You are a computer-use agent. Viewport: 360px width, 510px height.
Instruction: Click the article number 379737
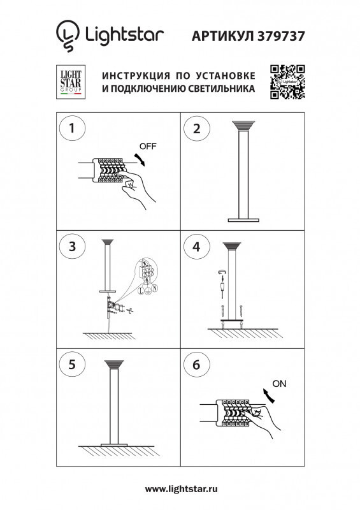pos(278,36)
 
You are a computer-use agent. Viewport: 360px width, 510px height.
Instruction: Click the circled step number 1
pos(71,128)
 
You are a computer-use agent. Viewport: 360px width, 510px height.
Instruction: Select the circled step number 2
pos(196,128)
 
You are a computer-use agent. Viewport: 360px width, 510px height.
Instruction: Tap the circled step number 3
pos(71,245)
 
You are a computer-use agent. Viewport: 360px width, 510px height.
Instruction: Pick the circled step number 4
pos(196,245)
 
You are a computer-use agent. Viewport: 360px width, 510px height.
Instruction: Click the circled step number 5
pos(71,364)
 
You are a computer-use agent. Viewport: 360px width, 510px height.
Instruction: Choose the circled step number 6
pos(196,364)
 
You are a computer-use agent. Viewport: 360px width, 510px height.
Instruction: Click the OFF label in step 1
pos(147,146)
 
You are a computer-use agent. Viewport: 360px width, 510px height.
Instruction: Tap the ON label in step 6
pos(279,384)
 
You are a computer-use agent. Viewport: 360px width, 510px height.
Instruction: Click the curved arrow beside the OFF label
pos(141,159)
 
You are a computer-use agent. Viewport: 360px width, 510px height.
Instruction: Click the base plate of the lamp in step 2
pos(243,220)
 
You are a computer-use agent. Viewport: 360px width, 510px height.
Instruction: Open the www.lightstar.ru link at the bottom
pos(181,489)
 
